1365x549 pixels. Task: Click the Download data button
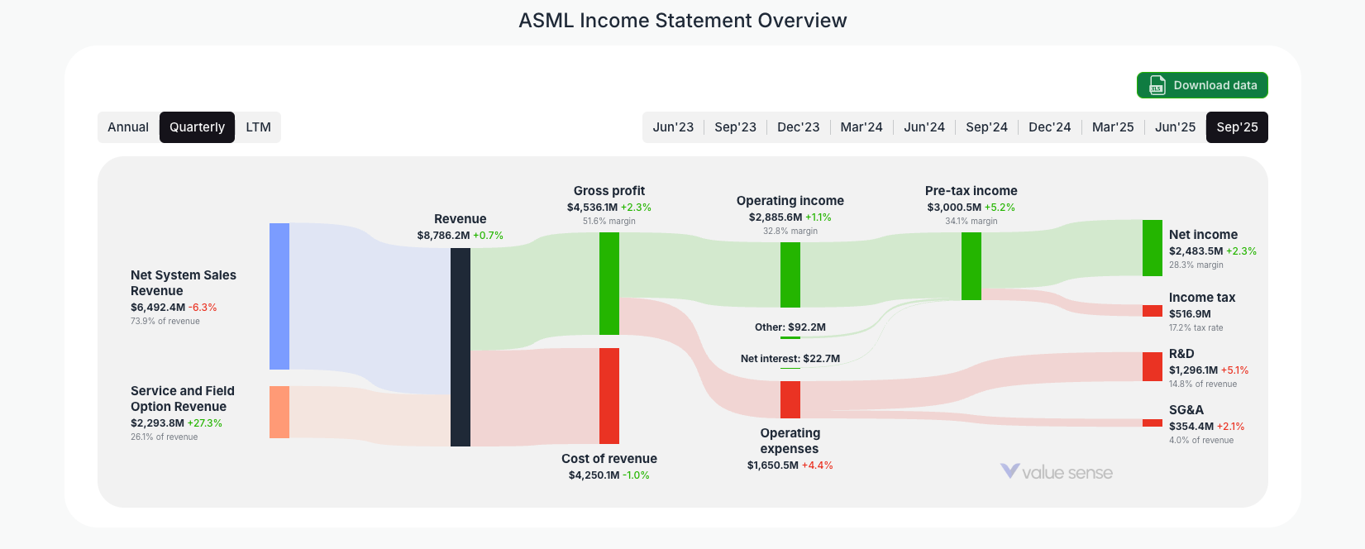tap(1201, 85)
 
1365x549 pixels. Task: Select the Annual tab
tap(128, 127)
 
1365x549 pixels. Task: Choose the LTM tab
tap(258, 127)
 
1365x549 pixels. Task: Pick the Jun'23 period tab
tap(673, 127)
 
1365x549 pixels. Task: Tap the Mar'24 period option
tap(861, 127)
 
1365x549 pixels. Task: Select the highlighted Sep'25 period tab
tap(1237, 127)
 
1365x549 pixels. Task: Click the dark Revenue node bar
tap(461, 347)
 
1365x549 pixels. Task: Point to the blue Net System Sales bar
tap(279, 296)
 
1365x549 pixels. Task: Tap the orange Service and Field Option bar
tap(279, 412)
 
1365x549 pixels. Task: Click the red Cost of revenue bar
tap(609, 395)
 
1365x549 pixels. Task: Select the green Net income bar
tap(1152, 248)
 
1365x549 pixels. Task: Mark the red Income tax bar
tap(1152, 311)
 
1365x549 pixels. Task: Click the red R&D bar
tap(1152, 366)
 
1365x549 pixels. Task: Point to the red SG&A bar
tap(1152, 422)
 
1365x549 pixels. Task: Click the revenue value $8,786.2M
tap(443, 236)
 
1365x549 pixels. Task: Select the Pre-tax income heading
tap(971, 191)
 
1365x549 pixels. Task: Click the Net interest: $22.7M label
tap(790, 359)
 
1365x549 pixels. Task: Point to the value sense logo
tap(1057, 472)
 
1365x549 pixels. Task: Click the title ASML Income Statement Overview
tap(682, 21)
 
